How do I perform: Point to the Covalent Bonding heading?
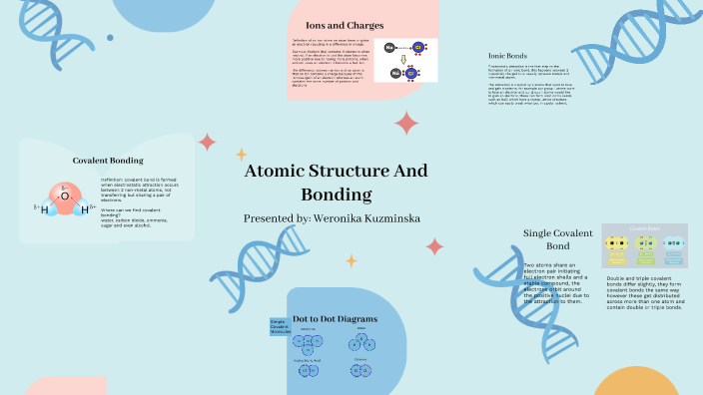pos(108,160)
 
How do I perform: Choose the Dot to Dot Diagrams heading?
pos(335,318)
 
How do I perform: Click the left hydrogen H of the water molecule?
pos(44,210)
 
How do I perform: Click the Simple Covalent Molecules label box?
pos(280,326)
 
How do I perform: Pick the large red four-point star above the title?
pos(406,123)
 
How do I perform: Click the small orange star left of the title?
pos(241,154)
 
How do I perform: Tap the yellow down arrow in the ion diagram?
pos(404,59)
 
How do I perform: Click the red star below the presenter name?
pos(434,246)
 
